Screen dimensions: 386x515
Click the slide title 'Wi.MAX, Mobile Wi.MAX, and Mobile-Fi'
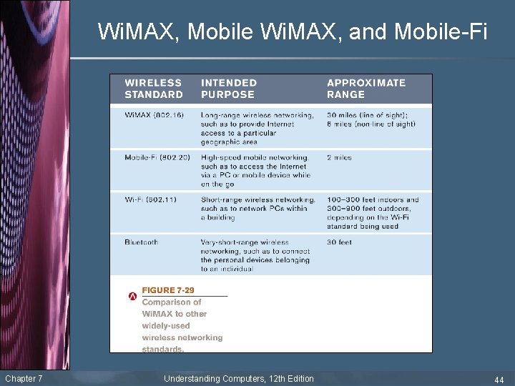[x=292, y=31]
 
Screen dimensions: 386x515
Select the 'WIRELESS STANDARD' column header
[x=153, y=89]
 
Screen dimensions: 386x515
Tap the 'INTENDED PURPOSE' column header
[x=228, y=89]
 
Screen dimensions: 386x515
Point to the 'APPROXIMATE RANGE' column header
[x=366, y=89]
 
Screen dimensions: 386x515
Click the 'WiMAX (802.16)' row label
[x=153, y=115]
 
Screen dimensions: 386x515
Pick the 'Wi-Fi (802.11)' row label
[x=151, y=199]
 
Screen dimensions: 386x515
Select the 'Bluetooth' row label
[x=142, y=242]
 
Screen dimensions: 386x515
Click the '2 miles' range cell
[x=340, y=157]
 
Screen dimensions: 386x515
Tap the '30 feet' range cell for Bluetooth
[x=340, y=242]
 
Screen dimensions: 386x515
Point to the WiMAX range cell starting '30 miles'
[x=371, y=119]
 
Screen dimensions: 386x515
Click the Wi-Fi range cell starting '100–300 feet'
[x=373, y=213]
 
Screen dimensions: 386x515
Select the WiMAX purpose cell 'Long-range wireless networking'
[x=257, y=128]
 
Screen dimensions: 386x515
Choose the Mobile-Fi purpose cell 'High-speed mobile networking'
[x=256, y=170]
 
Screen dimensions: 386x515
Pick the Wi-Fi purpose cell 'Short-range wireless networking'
[x=257, y=208]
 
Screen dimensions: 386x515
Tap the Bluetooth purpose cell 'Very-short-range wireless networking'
[x=255, y=255]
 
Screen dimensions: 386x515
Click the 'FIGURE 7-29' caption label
[x=168, y=290]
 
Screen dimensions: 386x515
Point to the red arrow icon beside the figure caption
[x=132, y=295]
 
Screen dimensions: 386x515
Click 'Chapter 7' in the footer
[x=24, y=378]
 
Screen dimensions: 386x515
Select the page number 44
[x=499, y=379]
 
